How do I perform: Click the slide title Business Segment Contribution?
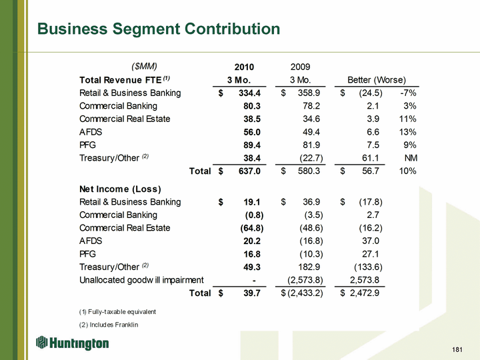[159, 29]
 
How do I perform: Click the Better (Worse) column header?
[377, 80]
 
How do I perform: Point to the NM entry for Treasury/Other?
[411, 158]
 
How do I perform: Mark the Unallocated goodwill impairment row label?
[141, 279]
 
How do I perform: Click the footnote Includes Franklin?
[108, 325]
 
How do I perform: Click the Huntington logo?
[73, 343]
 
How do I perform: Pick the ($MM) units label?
[143, 66]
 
